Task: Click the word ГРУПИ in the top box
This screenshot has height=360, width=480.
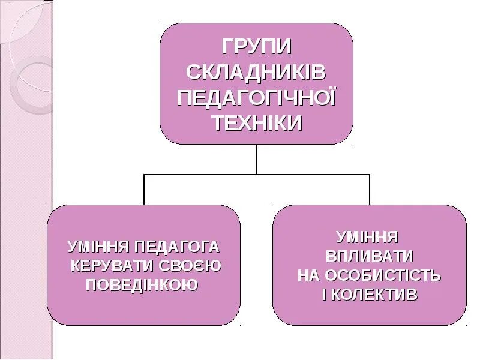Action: coord(256,46)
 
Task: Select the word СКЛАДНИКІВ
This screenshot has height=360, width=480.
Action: coord(256,72)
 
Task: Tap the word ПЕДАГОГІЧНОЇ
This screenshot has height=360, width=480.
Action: coord(256,97)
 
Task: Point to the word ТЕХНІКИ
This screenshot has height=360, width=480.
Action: coord(256,122)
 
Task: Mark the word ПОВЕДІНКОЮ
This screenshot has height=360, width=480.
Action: coord(142,284)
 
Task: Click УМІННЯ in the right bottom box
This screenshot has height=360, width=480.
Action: coord(367,236)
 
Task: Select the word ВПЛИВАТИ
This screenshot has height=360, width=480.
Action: coord(370,256)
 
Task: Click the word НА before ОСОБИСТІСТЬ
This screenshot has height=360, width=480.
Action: coord(310,275)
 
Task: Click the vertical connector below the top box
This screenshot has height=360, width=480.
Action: coord(257,159)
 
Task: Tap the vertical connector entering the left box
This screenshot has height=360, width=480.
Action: coord(144,190)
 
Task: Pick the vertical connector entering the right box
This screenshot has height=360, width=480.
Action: coord(370,190)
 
